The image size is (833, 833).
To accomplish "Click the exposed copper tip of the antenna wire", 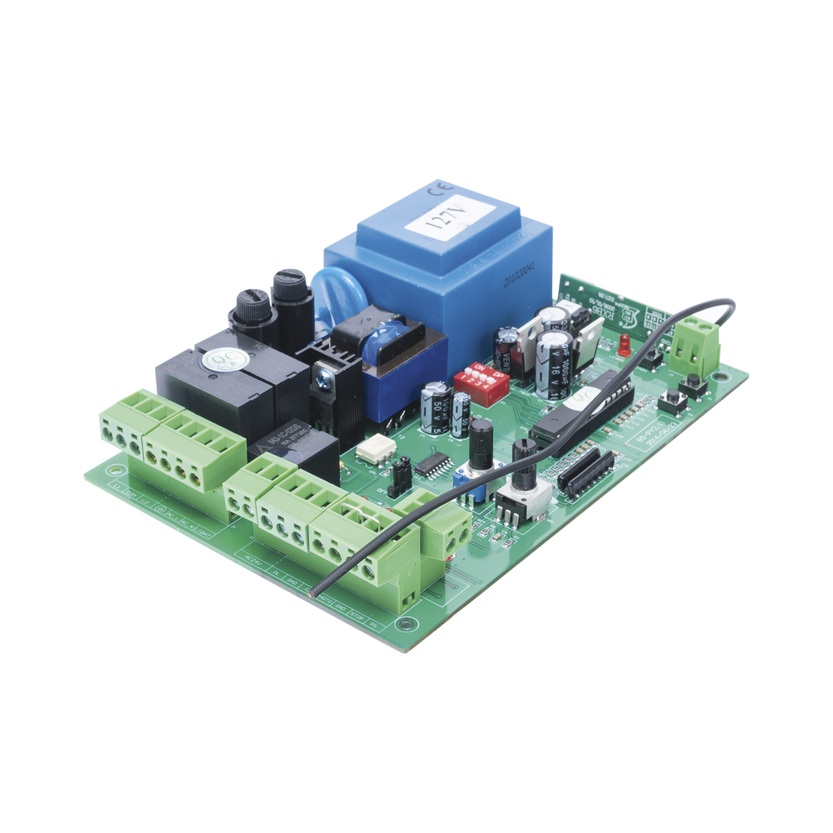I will click(312, 592).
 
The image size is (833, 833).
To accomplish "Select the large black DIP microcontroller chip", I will click(581, 408).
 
